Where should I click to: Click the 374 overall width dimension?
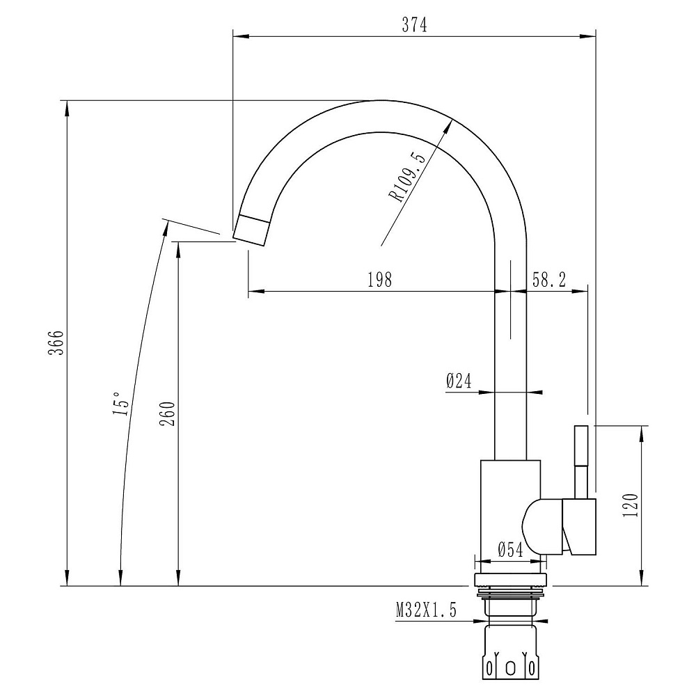tap(414, 25)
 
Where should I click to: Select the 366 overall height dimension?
tap(56, 342)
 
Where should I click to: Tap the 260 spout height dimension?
tap(168, 413)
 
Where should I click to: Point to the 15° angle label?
tap(122, 404)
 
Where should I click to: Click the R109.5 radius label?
tap(407, 176)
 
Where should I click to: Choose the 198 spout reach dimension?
tap(379, 280)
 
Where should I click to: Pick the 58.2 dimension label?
tap(549, 280)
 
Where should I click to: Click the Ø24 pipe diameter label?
tap(459, 381)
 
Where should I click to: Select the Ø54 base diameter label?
tap(510, 551)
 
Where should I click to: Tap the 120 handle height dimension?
tap(631, 505)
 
